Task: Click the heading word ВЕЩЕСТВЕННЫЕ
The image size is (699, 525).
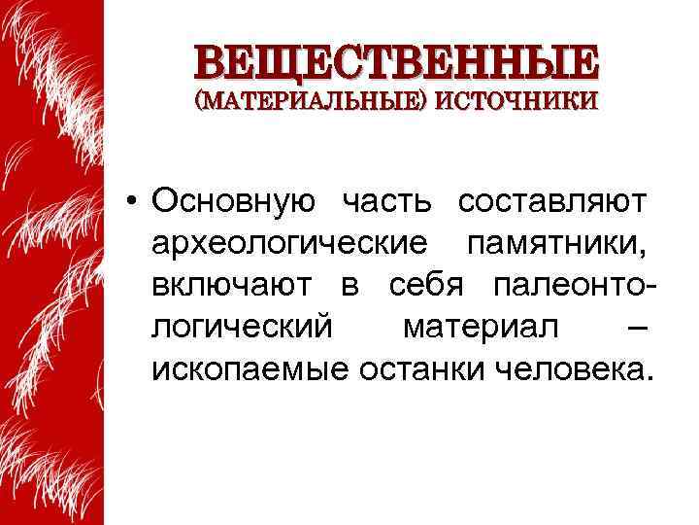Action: tap(396, 61)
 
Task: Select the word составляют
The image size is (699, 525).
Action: tap(551, 202)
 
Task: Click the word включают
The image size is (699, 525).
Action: tap(231, 286)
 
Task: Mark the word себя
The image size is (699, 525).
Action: tap(430, 286)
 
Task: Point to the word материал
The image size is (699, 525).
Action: tap(481, 328)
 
